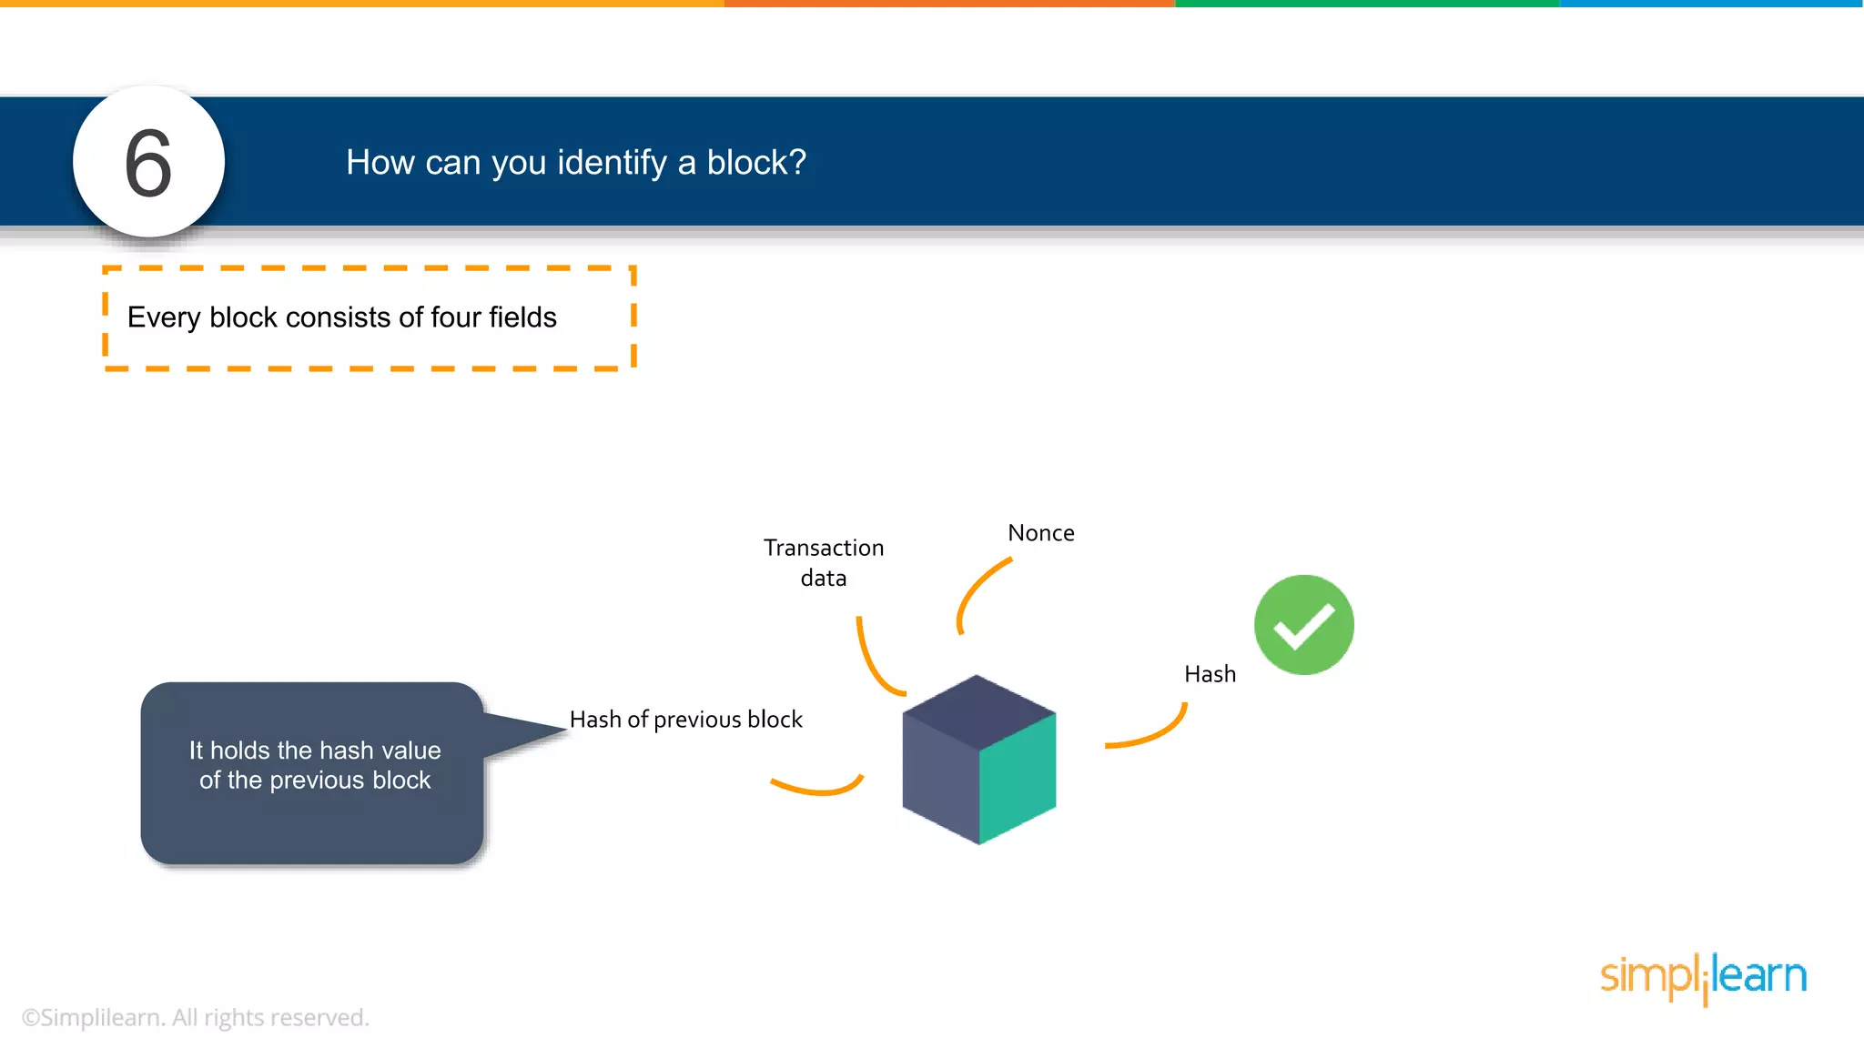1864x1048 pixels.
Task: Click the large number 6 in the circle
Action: [x=148, y=164]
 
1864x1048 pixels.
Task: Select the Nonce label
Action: [x=1040, y=533]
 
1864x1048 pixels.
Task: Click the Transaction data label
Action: [x=823, y=562]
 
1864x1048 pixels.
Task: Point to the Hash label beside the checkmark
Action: [x=1210, y=674]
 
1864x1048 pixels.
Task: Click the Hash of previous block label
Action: [x=685, y=720]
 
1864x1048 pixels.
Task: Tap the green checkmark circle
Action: [x=1303, y=625]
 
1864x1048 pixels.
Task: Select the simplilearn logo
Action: [x=1703, y=977]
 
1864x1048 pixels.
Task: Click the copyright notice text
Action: [x=195, y=1017]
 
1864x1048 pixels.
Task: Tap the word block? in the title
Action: [x=756, y=163]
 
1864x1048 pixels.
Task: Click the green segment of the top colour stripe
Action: [x=1365, y=4]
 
